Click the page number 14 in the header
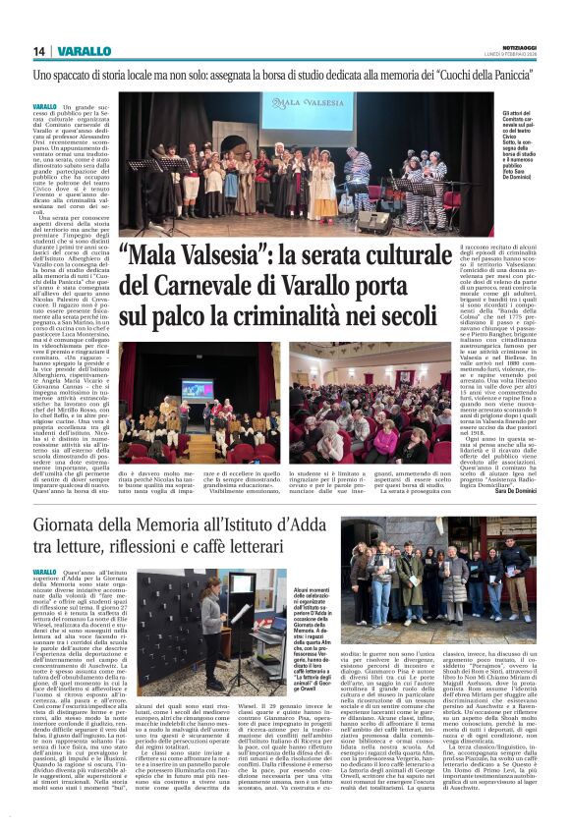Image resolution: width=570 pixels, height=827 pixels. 38,51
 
